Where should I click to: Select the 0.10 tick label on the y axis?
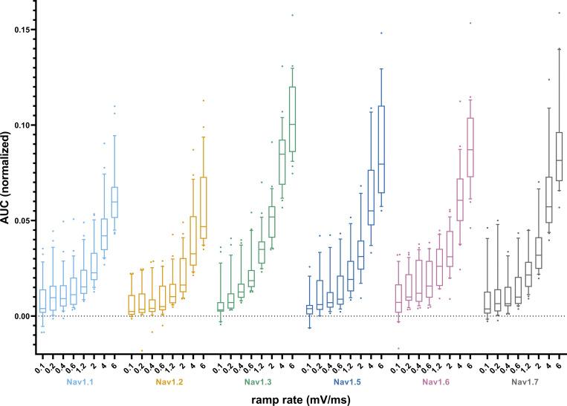[27, 125]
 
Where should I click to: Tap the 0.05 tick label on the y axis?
[27, 220]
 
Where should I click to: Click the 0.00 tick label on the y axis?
[27, 316]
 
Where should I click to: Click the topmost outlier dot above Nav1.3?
[292, 15]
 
